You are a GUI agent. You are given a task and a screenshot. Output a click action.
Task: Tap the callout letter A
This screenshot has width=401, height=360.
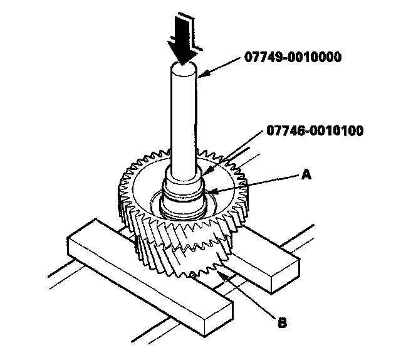306,176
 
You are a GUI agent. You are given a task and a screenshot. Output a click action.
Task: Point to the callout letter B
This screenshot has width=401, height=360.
282,324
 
